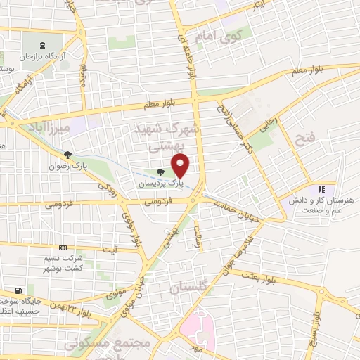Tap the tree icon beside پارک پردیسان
pos(161,172)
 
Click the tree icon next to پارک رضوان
pos(67,155)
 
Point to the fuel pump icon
pos(18,290)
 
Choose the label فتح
pos(309,139)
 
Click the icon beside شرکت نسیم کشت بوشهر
pos(63,247)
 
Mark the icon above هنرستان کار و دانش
pos(321,188)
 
